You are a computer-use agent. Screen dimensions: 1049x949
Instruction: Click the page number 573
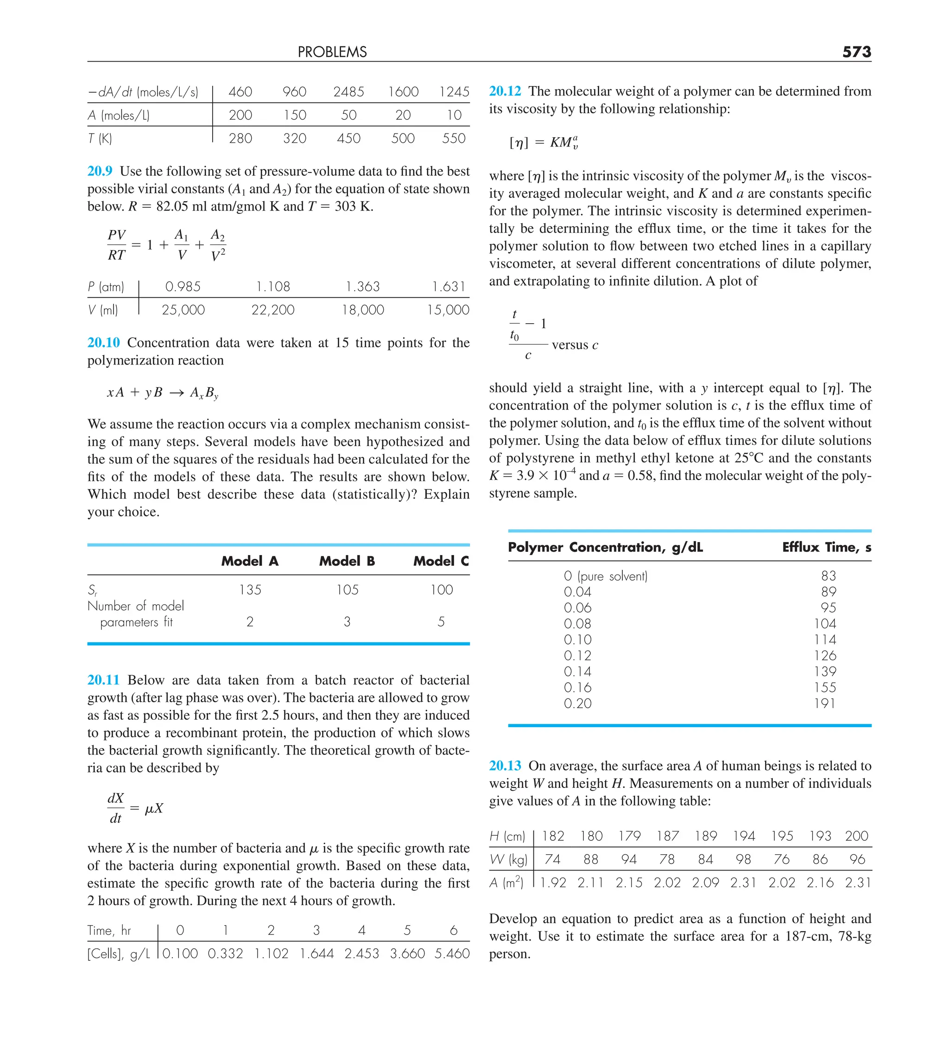coord(856,52)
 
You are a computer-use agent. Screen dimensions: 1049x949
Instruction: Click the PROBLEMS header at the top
coord(332,52)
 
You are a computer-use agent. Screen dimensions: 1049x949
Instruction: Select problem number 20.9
coord(100,171)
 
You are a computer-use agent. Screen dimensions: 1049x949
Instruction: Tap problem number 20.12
coord(505,91)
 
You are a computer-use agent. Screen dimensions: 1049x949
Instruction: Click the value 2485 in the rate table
coord(348,92)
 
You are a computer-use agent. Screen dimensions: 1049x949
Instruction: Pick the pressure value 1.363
coord(362,287)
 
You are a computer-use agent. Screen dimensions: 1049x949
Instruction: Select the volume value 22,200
coord(272,310)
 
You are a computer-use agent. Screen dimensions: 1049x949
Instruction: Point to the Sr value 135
coord(250,589)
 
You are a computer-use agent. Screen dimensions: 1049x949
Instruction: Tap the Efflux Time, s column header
coord(826,547)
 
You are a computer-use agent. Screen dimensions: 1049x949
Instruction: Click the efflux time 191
coord(824,704)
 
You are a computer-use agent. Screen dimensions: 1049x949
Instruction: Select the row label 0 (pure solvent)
coord(605,576)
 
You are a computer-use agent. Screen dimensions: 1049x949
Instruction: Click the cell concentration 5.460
coord(452,954)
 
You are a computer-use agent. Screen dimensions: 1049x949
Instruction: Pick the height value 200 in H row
coord(856,836)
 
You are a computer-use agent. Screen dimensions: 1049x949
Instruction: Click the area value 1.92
coord(553,883)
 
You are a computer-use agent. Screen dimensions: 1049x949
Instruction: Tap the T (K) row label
coord(100,138)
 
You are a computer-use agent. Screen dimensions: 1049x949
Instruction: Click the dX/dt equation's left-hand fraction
coord(115,808)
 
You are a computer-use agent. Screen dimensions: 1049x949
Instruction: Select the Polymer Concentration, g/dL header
coord(605,547)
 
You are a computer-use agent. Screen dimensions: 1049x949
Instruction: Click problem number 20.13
coord(505,766)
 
